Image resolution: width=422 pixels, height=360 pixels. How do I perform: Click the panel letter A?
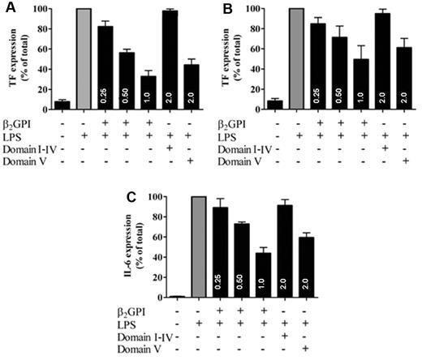(7, 8)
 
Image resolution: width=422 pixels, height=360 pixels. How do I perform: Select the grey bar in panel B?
(295, 62)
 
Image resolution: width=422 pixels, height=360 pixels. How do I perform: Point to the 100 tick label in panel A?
(45, 10)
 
